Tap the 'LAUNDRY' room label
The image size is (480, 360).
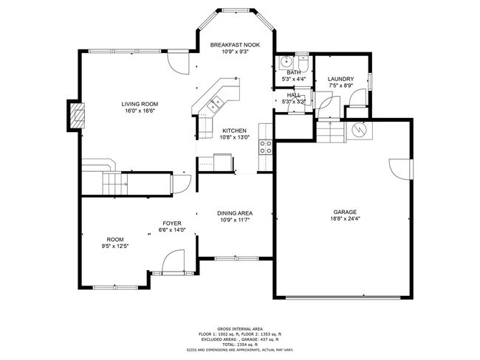[340, 79]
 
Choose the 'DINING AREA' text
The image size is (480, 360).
[235, 212]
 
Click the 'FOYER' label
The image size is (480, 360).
[172, 223]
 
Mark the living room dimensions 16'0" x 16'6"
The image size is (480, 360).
[140, 111]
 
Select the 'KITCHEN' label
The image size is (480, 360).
[234, 131]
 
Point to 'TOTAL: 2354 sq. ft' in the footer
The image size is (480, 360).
[240, 345]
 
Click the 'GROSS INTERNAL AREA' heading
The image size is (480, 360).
[240, 329]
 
